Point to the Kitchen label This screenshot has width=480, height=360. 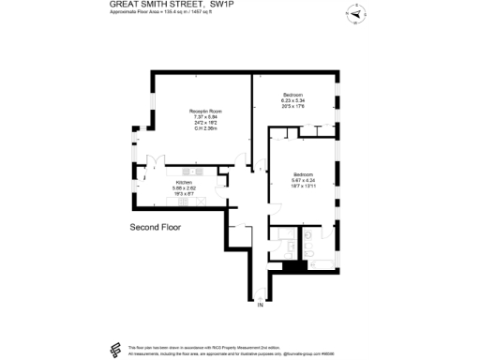(x=184, y=183)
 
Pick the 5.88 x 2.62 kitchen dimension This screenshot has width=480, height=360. (x=184, y=188)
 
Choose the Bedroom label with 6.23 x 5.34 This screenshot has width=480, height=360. (x=293, y=96)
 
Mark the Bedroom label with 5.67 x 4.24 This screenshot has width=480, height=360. (x=302, y=175)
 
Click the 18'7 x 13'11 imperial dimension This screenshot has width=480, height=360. (x=302, y=187)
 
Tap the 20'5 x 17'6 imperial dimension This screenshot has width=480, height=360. (x=293, y=107)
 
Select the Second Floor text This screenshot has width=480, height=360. (x=155, y=227)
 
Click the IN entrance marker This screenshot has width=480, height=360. (x=262, y=305)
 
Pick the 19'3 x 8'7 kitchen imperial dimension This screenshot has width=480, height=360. (x=184, y=194)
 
